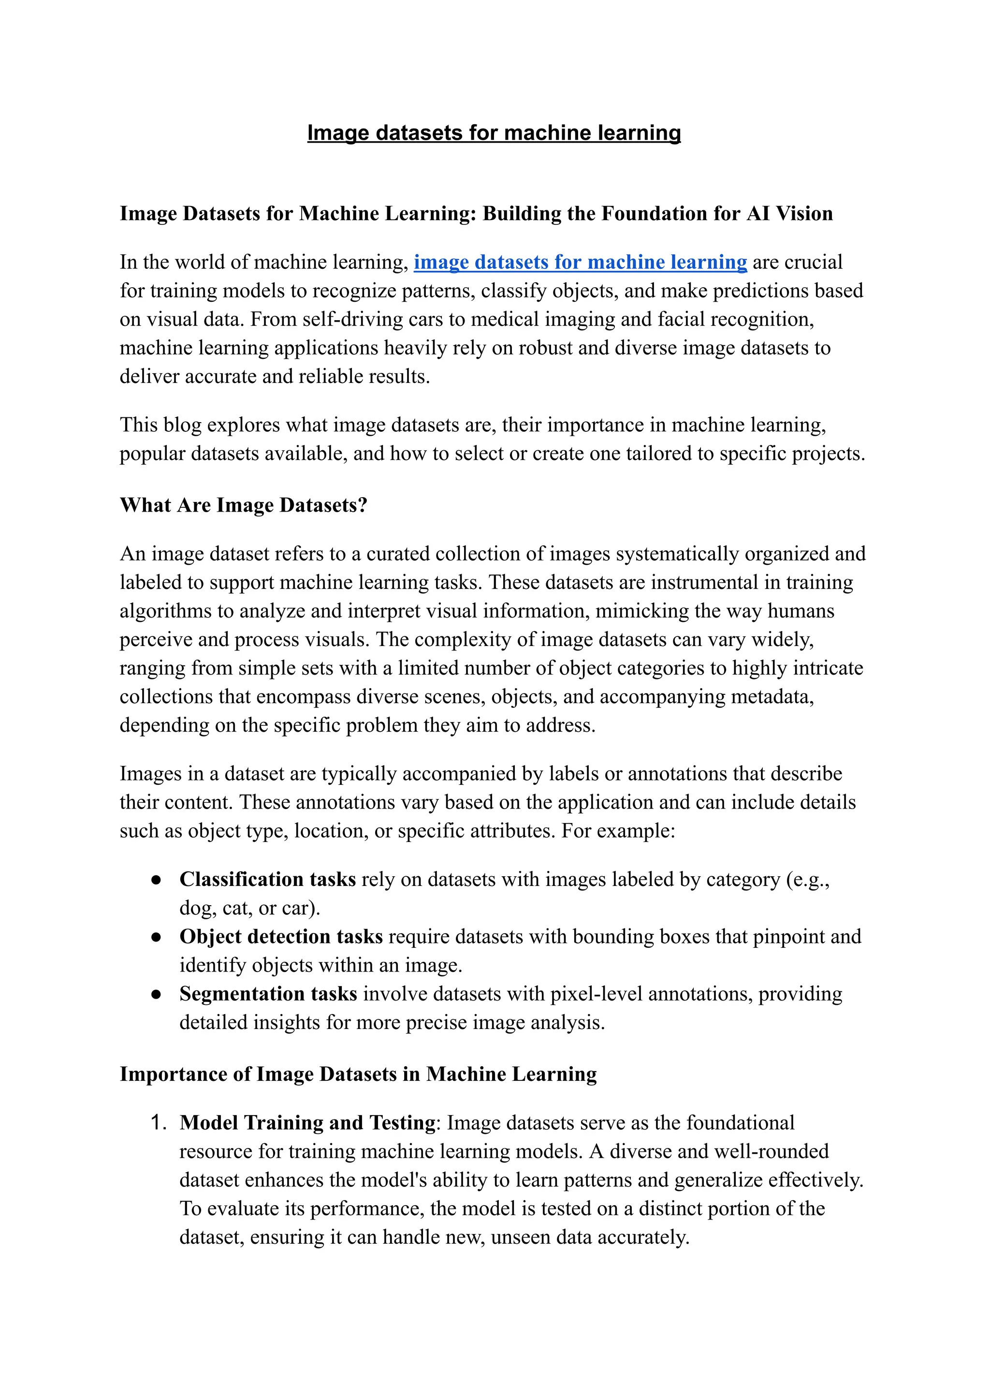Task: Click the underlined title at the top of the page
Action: pyautogui.click(x=494, y=133)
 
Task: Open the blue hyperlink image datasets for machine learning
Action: pyautogui.click(x=581, y=262)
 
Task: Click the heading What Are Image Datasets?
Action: pyautogui.click(x=243, y=505)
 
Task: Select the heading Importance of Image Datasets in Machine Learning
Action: pyautogui.click(x=358, y=1074)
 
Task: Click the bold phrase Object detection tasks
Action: pyautogui.click(x=281, y=937)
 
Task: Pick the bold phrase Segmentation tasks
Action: pyautogui.click(x=268, y=994)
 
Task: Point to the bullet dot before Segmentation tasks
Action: pyautogui.click(x=156, y=995)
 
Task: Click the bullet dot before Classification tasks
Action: pyautogui.click(x=156, y=880)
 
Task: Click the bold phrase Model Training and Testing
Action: pyautogui.click(x=308, y=1123)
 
